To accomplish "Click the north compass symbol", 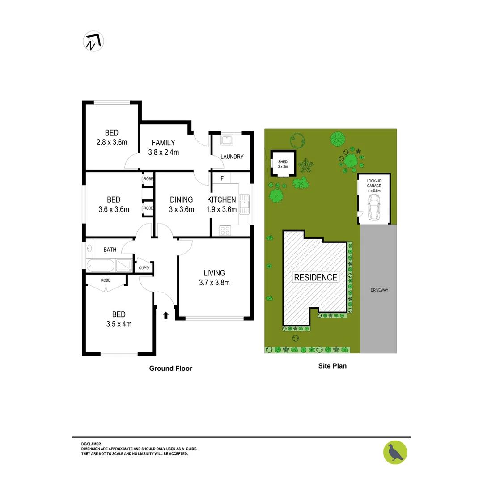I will tap(93, 42).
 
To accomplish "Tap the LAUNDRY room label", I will tap(232, 157).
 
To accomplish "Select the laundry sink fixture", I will tap(227, 140).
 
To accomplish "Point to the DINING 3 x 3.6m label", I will tap(181, 204).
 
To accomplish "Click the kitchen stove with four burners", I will tap(225, 231).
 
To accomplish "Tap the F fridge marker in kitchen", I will tap(222, 178).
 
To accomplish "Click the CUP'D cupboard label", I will tap(144, 268).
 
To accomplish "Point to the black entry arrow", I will tap(165, 315).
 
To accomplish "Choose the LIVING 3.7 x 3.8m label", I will tap(214, 277).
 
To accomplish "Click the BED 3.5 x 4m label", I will tap(116, 319).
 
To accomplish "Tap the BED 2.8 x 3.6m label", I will tap(112, 137).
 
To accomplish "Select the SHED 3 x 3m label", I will tap(283, 164).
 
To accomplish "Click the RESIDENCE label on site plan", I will tap(315, 277).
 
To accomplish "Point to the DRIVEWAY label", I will tap(379, 290).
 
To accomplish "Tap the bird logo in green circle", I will tap(395, 452).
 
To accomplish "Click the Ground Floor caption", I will tap(170, 369).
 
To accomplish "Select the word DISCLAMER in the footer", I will tap(91, 444).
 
